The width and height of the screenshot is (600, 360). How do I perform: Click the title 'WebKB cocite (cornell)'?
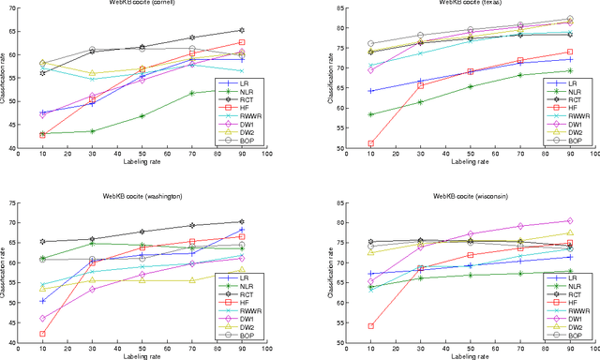pyautogui.click(x=142, y=3)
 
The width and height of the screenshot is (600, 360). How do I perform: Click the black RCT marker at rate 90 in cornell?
pyautogui.click(x=242, y=30)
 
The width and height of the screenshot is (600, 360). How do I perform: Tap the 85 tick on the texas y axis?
pyautogui.click(x=332, y=9)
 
